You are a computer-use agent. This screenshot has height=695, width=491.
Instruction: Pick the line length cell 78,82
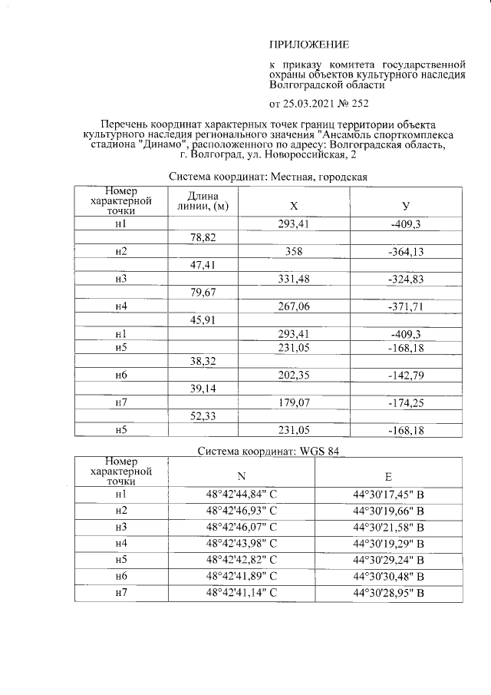(x=203, y=238)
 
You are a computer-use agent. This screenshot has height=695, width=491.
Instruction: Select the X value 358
(x=293, y=252)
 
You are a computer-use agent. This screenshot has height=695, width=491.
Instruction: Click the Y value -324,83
(x=405, y=279)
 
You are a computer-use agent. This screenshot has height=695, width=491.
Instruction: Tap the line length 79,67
(x=203, y=293)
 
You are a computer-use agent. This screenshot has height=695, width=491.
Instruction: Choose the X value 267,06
(x=293, y=306)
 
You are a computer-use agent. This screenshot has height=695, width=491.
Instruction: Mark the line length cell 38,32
(x=203, y=361)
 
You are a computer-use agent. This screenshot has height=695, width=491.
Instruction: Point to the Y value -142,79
(x=405, y=375)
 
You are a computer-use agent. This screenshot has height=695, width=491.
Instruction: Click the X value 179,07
(x=293, y=402)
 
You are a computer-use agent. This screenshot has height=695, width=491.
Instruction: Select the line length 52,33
(x=203, y=415)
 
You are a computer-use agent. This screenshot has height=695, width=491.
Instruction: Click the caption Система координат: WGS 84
(x=268, y=451)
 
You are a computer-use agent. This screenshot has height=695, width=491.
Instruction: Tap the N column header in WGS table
(x=242, y=475)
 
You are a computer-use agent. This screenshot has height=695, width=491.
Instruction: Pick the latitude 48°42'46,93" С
(x=242, y=511)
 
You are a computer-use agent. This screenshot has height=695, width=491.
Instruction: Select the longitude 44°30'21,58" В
(x=388, y=528)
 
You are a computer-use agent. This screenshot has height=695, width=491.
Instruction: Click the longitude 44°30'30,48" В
(x=388, y=576)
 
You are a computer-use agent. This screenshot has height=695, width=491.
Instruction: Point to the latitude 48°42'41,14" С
(x=242, y=594)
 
